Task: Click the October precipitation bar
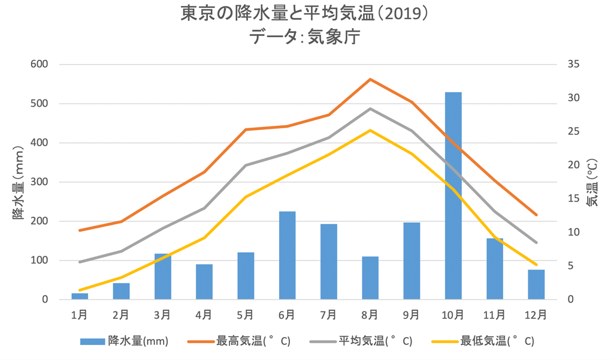[453, 196]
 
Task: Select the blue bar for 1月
[80, 296]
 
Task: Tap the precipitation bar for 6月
[287, 256]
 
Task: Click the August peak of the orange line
[370, 79]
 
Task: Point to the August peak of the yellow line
[370, 130]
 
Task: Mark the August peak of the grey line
[370, 108]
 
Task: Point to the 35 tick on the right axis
[573, 64]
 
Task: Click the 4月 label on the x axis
[204, 314]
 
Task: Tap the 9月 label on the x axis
[411, 314]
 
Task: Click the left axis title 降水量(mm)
[19, 181]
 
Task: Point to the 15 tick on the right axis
[573, 199]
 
